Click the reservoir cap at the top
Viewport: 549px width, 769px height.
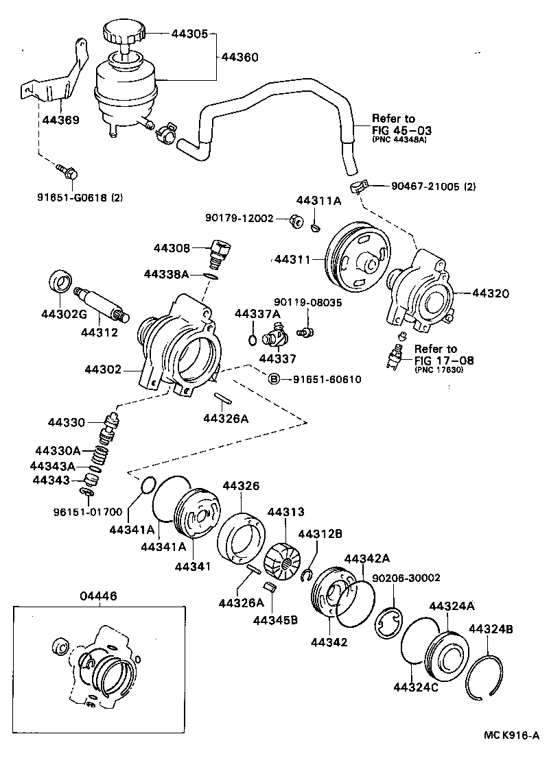tap(124, 32)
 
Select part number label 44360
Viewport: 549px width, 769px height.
tap(240, 58)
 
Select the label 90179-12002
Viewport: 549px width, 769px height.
tap(239, 218)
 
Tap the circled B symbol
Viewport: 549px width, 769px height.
tap(272, 379)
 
